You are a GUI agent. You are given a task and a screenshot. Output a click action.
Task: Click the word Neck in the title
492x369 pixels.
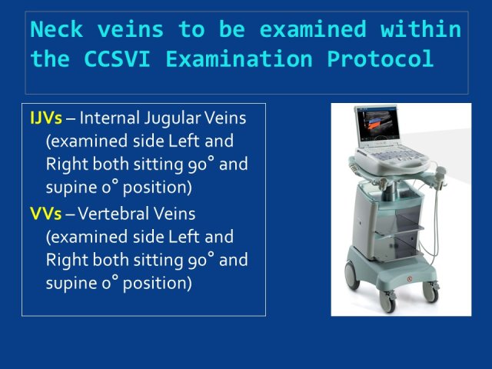point(57,29)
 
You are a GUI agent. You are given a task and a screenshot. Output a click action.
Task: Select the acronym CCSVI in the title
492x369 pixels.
point(117,58)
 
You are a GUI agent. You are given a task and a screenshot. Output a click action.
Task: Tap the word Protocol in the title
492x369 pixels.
point(381,58)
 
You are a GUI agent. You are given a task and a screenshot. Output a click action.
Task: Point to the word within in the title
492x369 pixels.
point(421,29)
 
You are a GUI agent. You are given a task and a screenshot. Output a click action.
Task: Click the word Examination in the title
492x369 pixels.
point(239,58)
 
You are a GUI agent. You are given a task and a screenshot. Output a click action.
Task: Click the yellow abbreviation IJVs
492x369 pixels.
point(46,118)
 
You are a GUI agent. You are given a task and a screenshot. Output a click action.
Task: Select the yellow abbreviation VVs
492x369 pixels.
point(46,214)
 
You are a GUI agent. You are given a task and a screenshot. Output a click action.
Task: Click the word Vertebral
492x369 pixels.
point(113,214)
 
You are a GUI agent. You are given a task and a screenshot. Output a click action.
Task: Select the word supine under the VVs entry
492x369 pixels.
point(71,284)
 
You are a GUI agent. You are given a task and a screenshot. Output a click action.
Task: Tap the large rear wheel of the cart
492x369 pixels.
point(352,275)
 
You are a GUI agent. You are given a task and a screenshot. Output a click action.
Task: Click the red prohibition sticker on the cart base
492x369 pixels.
point(410,279)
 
